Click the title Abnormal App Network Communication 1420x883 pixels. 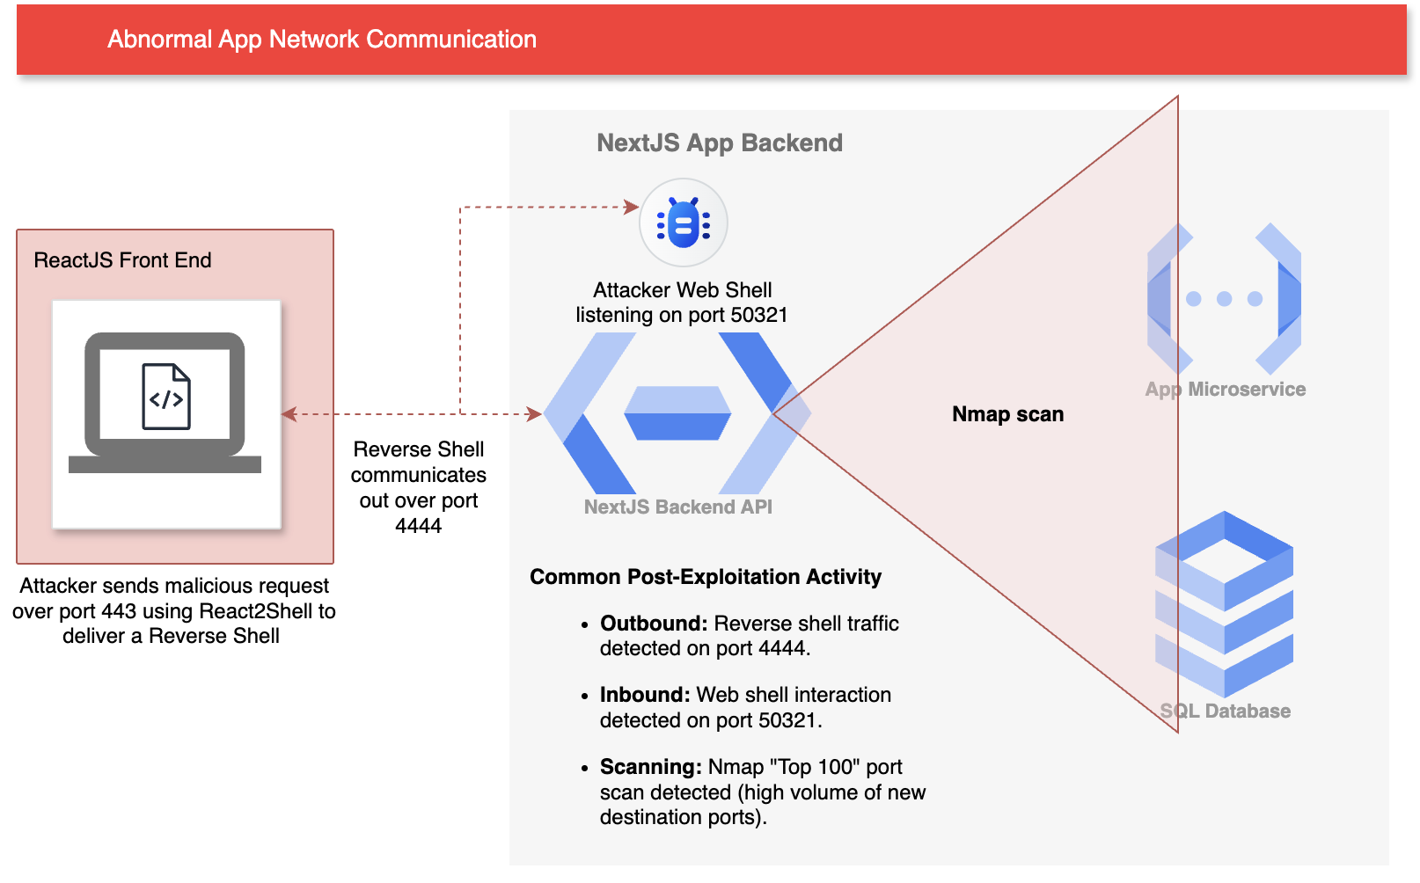pos(322,40)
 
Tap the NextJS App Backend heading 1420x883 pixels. pos(719,142)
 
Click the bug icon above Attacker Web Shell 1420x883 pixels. pos(683,223)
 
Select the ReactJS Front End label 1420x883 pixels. pos(122,260)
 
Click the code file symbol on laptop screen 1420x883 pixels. pos(166,397)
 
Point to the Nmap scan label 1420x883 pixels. pos(1007,414)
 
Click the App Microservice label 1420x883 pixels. pos(1225,390)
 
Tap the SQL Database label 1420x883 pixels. pos(1225,712)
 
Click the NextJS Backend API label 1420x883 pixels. pos(677,507)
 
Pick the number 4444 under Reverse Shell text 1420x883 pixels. pos(418,526)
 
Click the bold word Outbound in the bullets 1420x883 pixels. pos(653,624)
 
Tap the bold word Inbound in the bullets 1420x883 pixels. pos(644,695)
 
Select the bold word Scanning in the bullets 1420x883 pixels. pos(650,767)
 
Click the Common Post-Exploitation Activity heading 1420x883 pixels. pos(705,577)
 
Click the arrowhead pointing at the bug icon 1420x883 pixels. pos(632,208)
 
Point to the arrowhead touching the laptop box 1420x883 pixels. pos(289,414)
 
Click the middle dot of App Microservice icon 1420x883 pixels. pos(1224,299)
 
